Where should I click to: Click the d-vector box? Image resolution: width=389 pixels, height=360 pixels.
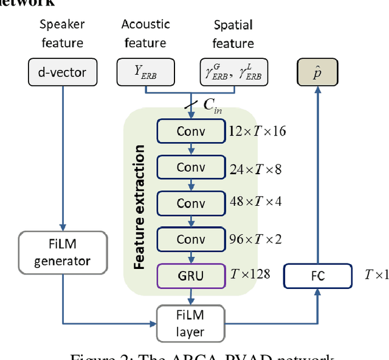pyautogui.click(x=62, y=73)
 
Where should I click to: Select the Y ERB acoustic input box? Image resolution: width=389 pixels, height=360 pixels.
pyautogui.click(x=146, y=73)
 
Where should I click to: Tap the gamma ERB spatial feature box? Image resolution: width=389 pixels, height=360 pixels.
pyautogui.click(x=233, y=73)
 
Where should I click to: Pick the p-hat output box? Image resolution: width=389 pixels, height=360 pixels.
pyautogui.click(x=317, y=73)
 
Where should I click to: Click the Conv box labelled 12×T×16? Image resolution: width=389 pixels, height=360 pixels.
pyautogui.click(x=191, y=131)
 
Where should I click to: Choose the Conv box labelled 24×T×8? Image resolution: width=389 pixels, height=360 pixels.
pyautogui.click(x=191, y=167)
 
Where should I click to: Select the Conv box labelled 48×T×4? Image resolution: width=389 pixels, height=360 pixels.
pyautogui.click(x=191, y=203)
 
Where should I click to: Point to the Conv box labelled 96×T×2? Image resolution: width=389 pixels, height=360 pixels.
pyautogui.click(x=191, y=239)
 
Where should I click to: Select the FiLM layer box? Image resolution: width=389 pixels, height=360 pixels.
pyautogui.click(x=191, y=324)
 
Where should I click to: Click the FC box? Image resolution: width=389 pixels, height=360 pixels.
pyautogui.click(x=318, y=276)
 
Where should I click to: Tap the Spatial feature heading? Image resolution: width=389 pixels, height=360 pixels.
pyautogui.click(x=233, y=34)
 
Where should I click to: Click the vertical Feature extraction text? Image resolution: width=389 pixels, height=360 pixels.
pyautogui.click(x=139, y=206)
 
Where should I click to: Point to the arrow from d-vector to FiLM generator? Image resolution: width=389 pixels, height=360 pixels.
pyautogui.click(x=62, y=158)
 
